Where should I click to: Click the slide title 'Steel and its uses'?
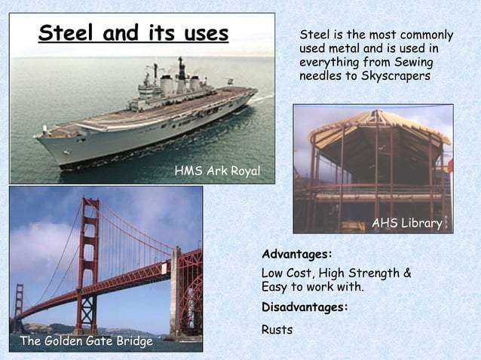point(133,33)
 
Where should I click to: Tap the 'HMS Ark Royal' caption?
point(217,172)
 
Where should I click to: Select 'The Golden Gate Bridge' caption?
point(86,341)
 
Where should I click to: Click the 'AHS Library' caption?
point(407,223)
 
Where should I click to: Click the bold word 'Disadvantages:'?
point(305,307)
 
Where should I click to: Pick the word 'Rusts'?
point(277,330)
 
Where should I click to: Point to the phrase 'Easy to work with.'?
point(312,288)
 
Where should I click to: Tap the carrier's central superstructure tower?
point(182,76)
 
